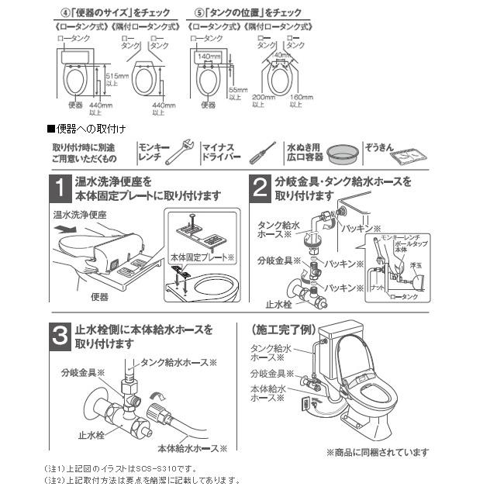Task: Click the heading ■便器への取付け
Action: click(87, 127)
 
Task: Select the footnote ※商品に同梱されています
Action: click(377, 451)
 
